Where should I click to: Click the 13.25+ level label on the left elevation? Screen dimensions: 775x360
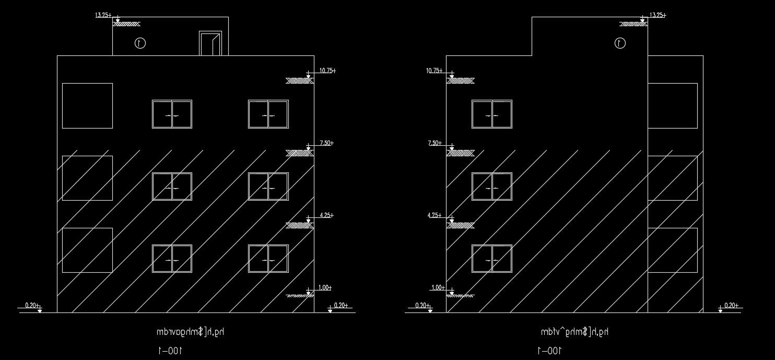[x=102, y=15]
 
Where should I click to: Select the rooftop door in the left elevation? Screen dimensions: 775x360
[x=210, y=43]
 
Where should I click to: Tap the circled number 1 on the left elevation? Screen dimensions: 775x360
[x=140, y=43]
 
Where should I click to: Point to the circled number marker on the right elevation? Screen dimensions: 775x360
[x=620, y=43]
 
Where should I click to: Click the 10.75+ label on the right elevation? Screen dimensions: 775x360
[x=435, y=71]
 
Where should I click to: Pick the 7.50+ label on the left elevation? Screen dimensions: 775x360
[x=326, y=143]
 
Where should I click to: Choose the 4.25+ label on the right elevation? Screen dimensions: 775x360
[x=435, y=215]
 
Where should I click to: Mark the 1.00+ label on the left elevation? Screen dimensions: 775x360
[x=325, y=288]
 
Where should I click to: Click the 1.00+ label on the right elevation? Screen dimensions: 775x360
[x=438, y=288]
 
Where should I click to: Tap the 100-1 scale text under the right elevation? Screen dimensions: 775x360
[x=549, y=350]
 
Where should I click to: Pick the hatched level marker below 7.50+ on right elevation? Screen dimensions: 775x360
[x=461, y=153]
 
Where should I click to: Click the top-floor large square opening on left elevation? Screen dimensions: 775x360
[x=87, y=106]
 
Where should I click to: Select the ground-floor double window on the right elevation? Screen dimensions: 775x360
[x=491, y=259]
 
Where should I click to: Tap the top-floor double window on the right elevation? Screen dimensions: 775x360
[x=491, y=114]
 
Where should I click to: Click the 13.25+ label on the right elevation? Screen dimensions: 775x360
[x=657, y=15]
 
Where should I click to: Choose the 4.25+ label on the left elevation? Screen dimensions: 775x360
[x=326, y=215]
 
